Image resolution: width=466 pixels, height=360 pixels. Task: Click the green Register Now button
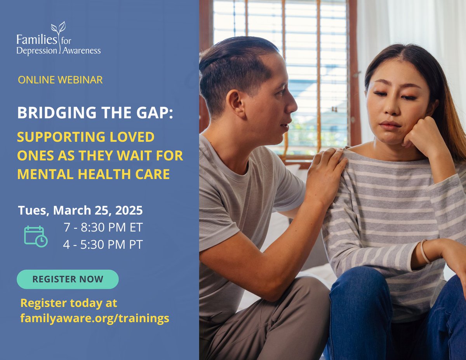coord(68,279)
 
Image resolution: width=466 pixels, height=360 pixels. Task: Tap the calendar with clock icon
coord(36,236)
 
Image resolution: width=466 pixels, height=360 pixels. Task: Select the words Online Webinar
coord(60,80)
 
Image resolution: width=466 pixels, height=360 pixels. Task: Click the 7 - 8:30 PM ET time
coord(104,228)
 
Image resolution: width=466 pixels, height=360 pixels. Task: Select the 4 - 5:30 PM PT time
coord(103,245)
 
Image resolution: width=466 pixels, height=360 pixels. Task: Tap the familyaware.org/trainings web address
coord(94,318)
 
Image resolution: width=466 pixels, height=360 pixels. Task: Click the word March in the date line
coord(70,210)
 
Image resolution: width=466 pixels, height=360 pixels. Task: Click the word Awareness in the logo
coord(82,51)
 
